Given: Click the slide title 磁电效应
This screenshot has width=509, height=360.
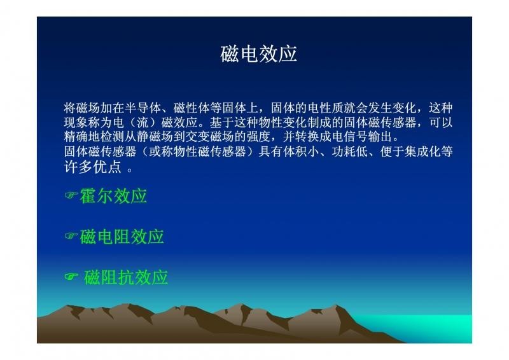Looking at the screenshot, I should coord(259,53).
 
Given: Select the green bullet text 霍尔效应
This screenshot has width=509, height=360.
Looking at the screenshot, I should coord(114,196).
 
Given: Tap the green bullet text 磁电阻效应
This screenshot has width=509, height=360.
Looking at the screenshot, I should coord(122,237).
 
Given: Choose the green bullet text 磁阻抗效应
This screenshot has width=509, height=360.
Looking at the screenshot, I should coord(126,277).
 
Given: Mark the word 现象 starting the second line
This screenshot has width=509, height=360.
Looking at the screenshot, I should coord(76,122).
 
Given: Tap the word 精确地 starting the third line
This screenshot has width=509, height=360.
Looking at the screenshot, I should coord(81,137).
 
